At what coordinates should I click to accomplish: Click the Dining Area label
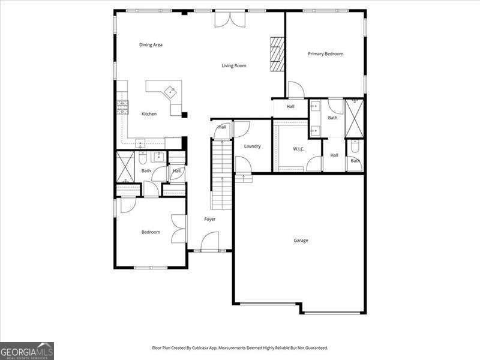coord(151,44)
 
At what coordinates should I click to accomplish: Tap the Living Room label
coord(234,65)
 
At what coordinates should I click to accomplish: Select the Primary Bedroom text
coord(325,54)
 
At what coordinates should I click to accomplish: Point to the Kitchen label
coord(149,114)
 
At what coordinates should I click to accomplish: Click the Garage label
coord(301,241)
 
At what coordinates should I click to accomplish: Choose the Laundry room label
coord(252,146)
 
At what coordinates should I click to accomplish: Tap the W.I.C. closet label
coord(298,149)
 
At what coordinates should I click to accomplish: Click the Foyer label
coord(210,219)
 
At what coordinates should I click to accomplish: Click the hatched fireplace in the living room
coord(277,55)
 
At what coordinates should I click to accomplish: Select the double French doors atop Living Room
coord(230,19)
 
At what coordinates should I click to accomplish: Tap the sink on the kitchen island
coord(170,91)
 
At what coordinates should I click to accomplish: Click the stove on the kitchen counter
coord(122,107)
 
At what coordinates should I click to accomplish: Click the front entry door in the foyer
coord(210,242)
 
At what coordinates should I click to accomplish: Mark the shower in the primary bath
coord(354,118)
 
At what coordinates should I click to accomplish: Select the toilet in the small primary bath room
coord(355,147)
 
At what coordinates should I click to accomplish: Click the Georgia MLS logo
coord(27,351)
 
